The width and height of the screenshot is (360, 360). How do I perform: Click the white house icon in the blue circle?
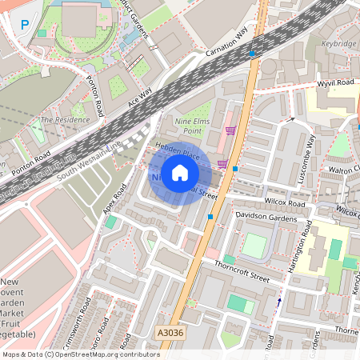coord(180,173)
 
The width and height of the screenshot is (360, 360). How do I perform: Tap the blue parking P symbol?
coord(25,26)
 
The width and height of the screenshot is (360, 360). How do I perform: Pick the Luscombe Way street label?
coord(308,160)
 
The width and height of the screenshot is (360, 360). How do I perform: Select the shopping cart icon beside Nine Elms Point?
coord(231,130)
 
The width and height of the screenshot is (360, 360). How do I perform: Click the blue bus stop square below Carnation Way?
coord(252,54)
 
